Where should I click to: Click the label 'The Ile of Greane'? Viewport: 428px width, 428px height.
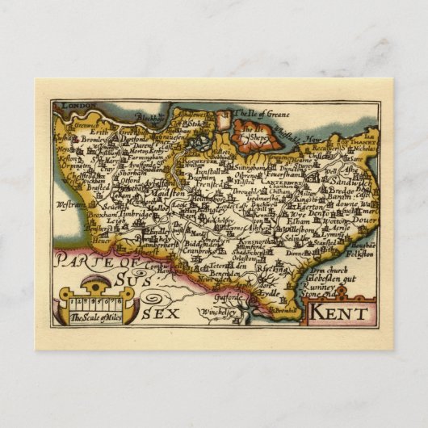[258, 113]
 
